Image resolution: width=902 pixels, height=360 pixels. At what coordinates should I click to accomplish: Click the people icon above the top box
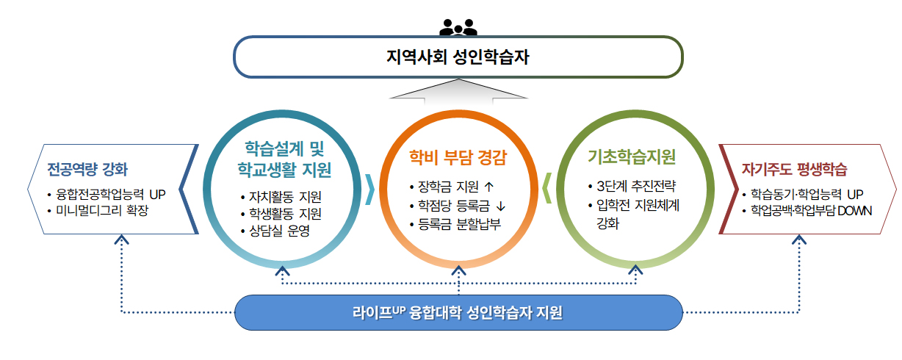click(x=458, y=27)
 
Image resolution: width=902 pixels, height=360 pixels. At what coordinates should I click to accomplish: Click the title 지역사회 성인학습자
click(x=458, y=57)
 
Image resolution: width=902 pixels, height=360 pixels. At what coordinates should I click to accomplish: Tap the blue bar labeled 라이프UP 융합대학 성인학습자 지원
click(x=458, y=312)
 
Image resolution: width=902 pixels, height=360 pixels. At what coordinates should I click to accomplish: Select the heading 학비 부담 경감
click(x=458, y=158)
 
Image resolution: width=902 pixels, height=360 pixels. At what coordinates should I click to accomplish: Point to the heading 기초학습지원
click(x=632, y=157)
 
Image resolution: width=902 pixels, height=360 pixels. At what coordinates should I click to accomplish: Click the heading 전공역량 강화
click(x=87, y=170)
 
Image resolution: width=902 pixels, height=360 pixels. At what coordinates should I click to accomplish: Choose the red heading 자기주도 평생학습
click(x=795, y=170)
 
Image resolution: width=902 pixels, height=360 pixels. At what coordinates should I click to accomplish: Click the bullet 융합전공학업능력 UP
click(x=110, y=195)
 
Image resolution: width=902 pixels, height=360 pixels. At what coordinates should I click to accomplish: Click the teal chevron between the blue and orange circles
click(x=369, y=189)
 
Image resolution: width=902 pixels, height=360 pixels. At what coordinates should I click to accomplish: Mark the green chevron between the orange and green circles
click(x=546, y=189)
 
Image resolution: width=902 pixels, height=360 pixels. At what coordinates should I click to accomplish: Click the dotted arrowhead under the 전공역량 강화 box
click(x=123, y=240)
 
